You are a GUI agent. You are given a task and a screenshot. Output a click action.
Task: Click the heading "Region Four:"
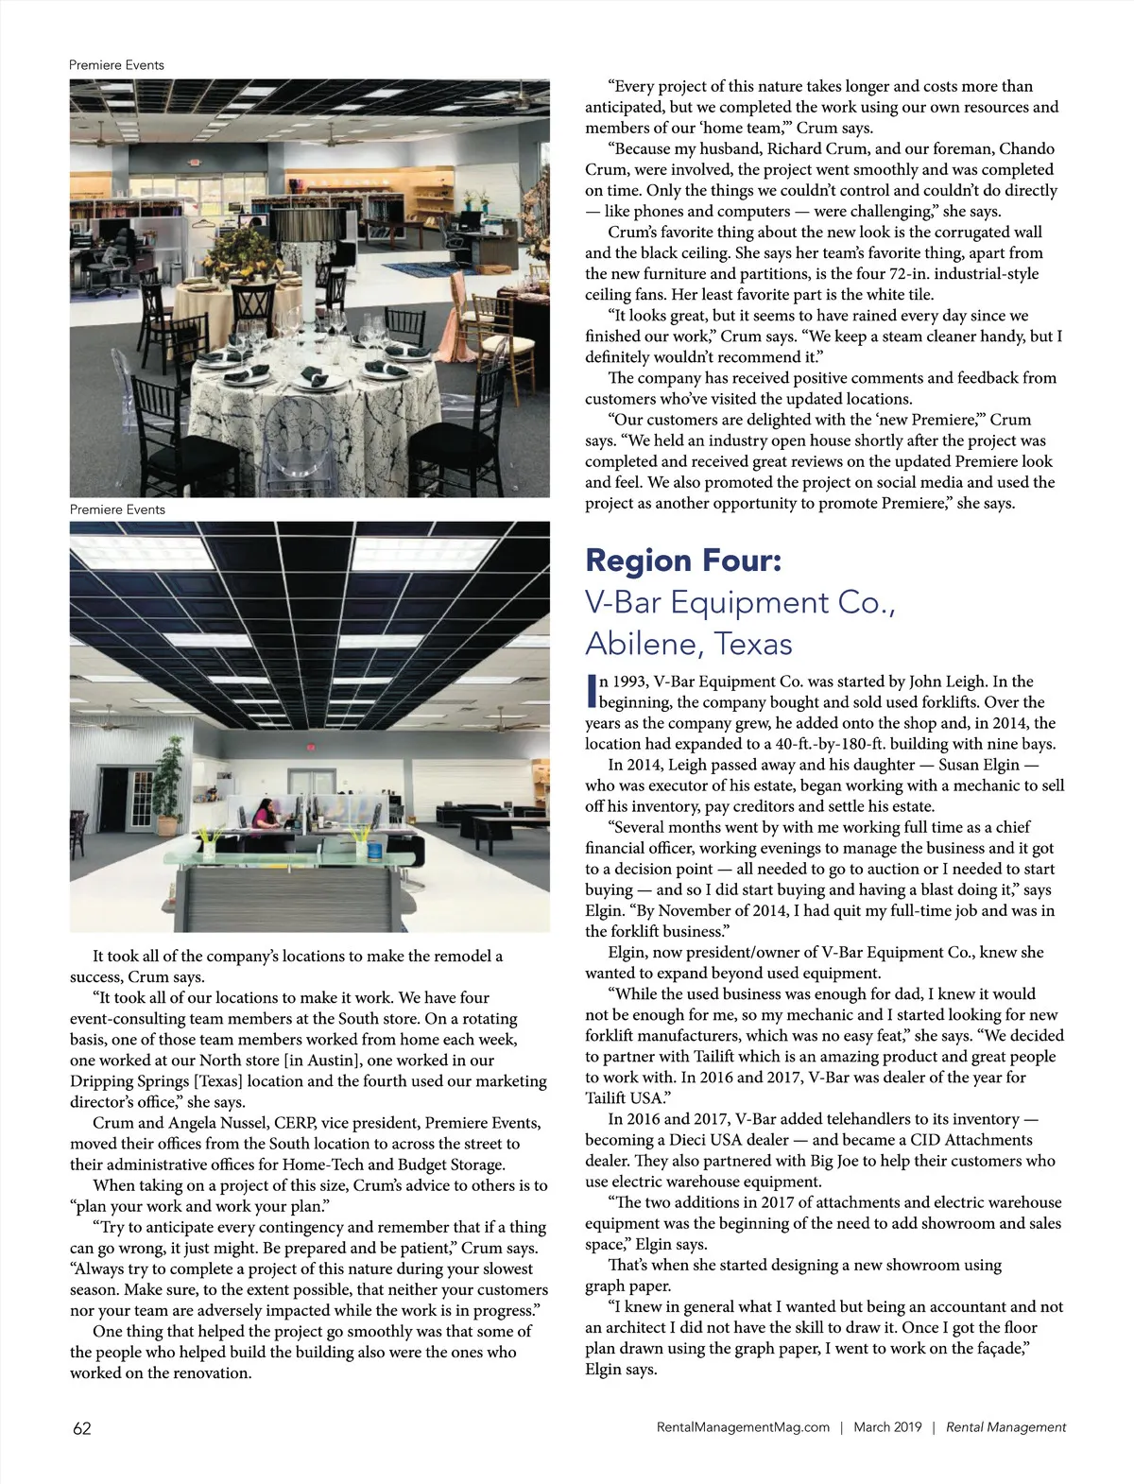(x=683, y=561)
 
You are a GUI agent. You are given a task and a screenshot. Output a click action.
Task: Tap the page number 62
(x=82, y=1428)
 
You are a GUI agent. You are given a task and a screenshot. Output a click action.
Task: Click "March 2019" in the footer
(x=887, y=1427)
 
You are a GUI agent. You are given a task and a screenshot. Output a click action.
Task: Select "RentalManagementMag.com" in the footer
(x=743, y=1427)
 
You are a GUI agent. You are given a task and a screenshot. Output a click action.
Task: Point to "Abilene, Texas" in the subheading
(x=688, y=644)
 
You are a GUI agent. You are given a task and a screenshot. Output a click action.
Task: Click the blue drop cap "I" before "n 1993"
(x=592, y=691)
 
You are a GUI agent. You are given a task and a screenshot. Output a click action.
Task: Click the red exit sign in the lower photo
(x=308, y=747)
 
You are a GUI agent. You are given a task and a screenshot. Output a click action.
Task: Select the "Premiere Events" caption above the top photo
(x=116, y=65)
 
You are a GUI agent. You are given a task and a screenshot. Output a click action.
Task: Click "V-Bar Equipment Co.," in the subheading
(x=740, y=602)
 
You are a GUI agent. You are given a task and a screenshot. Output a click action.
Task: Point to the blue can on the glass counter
(x=376, y=851)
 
